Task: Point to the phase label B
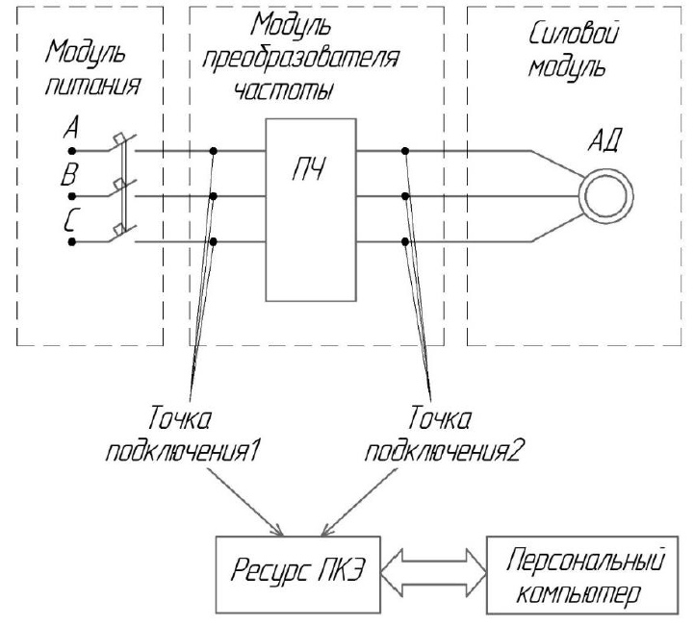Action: click(69, 175)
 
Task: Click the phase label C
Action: click(69, 220)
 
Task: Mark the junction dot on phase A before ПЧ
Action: click(213, 150)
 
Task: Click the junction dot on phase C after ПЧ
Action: click(406, 241)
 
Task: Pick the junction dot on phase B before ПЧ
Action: click(213, 196)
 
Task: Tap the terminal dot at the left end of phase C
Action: click(73, 242)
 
